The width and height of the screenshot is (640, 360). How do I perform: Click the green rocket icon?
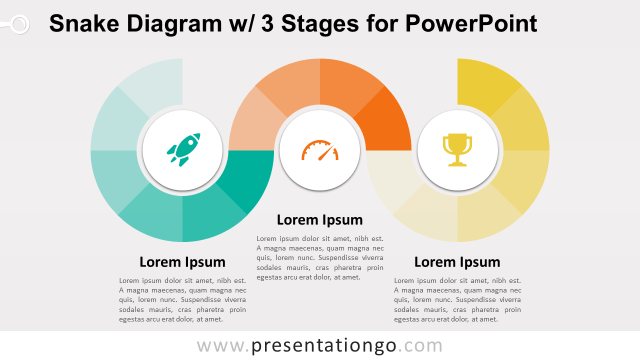[x=183, y=149]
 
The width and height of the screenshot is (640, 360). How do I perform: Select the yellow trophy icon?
[x=457, y=149]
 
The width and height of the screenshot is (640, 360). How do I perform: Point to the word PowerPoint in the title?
[x=471, y=23]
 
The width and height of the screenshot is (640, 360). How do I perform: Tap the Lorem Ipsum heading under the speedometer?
[x=320, y=220]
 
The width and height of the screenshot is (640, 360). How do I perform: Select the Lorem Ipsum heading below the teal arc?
[x=182, y=262]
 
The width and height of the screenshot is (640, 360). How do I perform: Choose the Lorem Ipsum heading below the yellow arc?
[x=457, y=262]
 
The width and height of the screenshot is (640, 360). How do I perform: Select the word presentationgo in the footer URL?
[x=324, y=345]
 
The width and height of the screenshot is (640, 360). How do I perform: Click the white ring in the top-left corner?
[x=19, y=24]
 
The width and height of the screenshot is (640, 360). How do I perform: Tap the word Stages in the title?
[x=320, y=23]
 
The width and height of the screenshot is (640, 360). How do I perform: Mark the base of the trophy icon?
[x=457, y=163]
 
